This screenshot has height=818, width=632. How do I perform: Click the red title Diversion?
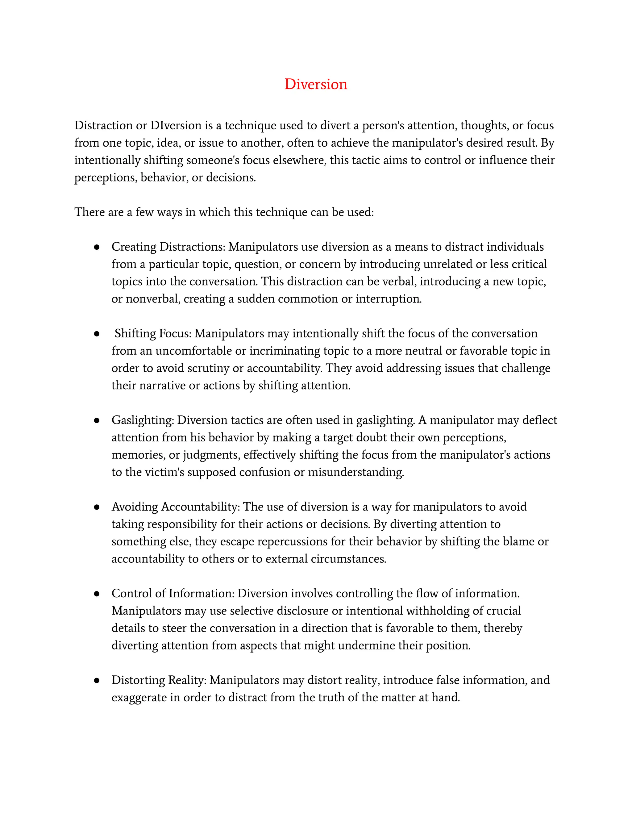click(316, 84)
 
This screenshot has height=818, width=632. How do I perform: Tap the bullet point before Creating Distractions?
click(97, 247)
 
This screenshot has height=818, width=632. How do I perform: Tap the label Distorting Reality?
click(159, 680)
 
